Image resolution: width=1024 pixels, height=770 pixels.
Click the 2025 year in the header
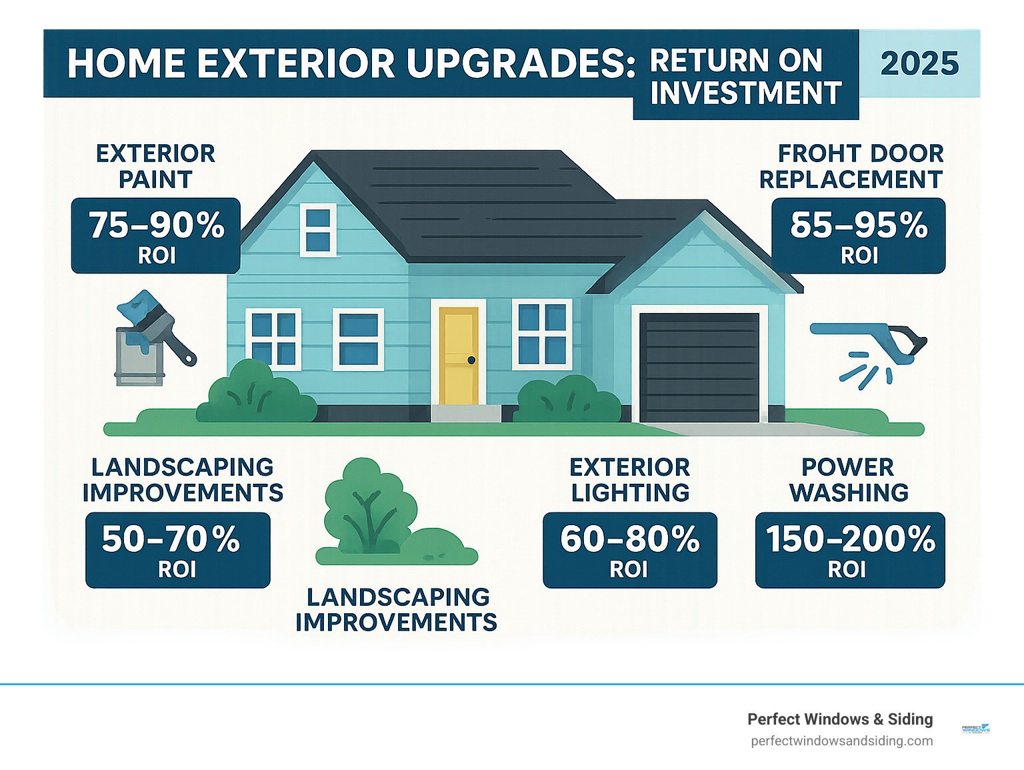click(919, 64)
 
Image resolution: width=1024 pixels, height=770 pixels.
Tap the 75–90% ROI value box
click(156, 236)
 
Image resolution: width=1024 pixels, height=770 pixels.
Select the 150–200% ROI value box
click(849, 550)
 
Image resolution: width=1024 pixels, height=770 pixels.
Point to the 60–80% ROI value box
click(629, 550)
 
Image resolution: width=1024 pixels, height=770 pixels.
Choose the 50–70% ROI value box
click(177, 550)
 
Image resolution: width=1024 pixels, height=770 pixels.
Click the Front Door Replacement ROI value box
click(858, 236)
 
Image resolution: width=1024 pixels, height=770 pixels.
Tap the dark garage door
click(699, 367)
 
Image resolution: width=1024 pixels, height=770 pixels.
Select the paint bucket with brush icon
click(152, 339)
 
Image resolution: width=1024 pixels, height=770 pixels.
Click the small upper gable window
click(318, 230)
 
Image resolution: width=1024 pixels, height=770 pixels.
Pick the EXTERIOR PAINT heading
click(155, 166)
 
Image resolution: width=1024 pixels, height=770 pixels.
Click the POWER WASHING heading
click(849, 480)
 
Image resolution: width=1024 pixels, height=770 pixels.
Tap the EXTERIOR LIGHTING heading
click(630, 480)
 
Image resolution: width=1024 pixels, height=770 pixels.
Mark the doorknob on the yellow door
click(471, 360)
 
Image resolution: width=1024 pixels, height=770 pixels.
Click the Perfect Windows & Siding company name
click(840, 719)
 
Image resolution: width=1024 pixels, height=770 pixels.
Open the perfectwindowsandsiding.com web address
click(841, 741)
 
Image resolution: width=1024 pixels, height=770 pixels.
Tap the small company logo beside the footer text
click(976, 729)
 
